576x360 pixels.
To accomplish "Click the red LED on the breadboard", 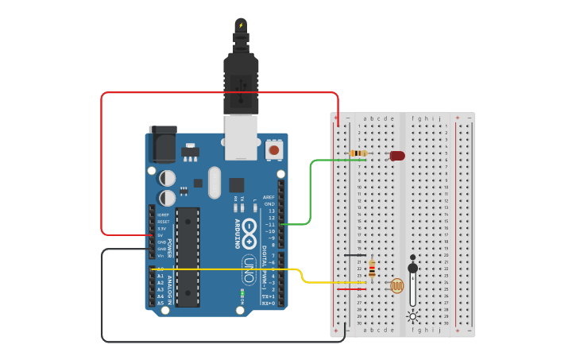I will (x=397, y=156).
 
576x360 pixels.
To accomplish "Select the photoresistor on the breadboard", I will (x=396, y=285).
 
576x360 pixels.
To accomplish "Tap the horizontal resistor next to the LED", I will (x=358, y=153).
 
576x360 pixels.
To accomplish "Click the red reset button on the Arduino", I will (x=274, y=149).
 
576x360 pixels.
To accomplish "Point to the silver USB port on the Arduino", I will (x=241, y=137).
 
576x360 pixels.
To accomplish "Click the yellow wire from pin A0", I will (x=238, y=269).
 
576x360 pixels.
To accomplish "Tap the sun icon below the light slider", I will (x=412, y=316).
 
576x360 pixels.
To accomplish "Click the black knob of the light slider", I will (x=412, y=267).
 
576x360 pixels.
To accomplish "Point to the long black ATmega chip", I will (x=187, y=256).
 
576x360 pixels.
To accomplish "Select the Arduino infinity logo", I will (x=249, y=228).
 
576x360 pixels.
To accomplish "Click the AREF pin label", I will (x=269, y=196).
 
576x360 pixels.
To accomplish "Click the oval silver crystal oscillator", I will (x=214, y=182).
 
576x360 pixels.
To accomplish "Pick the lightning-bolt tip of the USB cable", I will (x=241, y=25).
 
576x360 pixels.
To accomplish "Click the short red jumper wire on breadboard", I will (x=350, y=289).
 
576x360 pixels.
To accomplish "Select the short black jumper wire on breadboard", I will (x=355, y=255).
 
